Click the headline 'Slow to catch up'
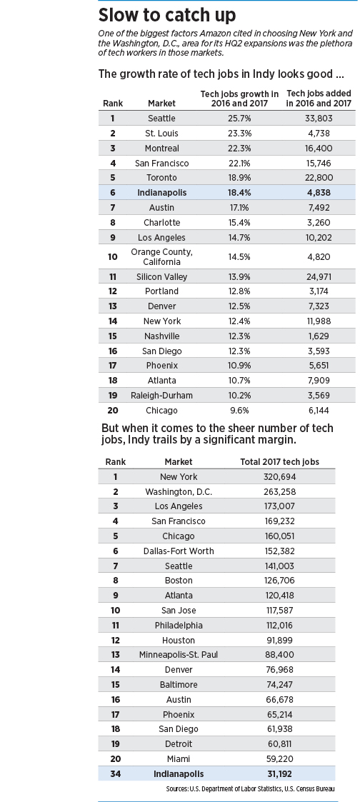(x=166, y=15)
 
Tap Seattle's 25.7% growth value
(x=239, y=118)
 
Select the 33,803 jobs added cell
(x=319, y=118)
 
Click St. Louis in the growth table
(x=161, y=133)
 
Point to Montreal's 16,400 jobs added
(x=319, y=149)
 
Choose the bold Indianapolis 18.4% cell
(x=239, y=193)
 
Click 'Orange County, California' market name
(x=161, y=257)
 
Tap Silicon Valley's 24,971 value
(x=319, y=276)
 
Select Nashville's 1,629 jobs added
(x=319, y=336)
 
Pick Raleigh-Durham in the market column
(x=161, y=396)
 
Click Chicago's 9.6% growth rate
(x=239, y=410)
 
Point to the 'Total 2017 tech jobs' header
(x=280, y=462)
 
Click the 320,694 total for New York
(x=279, y=476)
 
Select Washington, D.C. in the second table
(x=179, y=491)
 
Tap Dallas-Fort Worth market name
(x=179, y=551)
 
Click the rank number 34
(x=116, y=774)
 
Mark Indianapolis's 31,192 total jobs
(x=279, y=774)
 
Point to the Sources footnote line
(x=250, y=789)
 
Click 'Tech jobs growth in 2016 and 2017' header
(x=239, y=99)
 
